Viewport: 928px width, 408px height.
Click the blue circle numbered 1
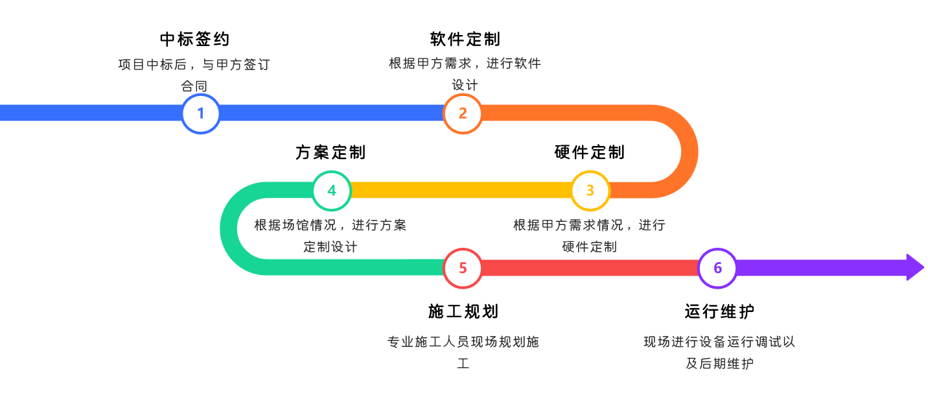(200, 114)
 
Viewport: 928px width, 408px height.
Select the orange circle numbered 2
(463, 114)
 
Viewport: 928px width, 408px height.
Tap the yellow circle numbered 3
(590, 191)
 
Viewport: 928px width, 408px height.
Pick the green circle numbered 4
(332, 191)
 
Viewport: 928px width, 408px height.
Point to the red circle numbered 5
(463, 268)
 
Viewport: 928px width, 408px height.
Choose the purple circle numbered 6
(717, 268)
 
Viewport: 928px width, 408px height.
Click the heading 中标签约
(194, 40)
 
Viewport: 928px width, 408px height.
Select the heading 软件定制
(465, 40)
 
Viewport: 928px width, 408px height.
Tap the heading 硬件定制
(590, 152)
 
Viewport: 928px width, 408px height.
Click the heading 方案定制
(331, 152)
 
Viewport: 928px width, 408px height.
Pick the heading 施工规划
(463, 311)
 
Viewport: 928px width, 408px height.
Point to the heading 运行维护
(719, 311)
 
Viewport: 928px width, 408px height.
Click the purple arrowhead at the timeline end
(914, 267)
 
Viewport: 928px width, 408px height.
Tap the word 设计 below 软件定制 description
(465, 85)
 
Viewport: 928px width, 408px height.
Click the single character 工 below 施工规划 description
(463, 363)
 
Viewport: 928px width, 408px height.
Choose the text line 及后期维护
(719, 363)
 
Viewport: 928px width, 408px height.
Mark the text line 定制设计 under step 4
(331, 247)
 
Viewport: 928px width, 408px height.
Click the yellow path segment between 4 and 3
(460, 190)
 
